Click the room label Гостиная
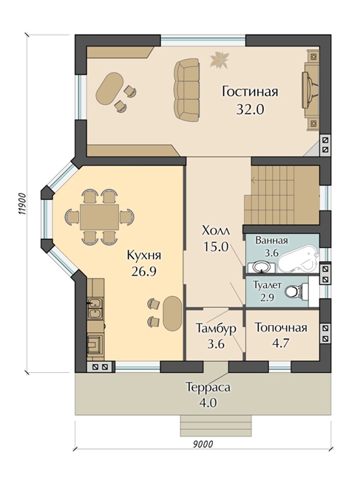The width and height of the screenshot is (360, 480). point(250,92)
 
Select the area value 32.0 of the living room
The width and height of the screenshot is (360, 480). point(250,109)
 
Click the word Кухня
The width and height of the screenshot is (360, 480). point(144,255)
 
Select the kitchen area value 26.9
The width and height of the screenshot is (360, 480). point(144,272)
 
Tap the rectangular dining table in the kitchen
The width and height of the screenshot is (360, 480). point(99,216)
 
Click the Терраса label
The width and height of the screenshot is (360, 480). point(208,387)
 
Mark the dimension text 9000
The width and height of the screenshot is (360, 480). point(201,445)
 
